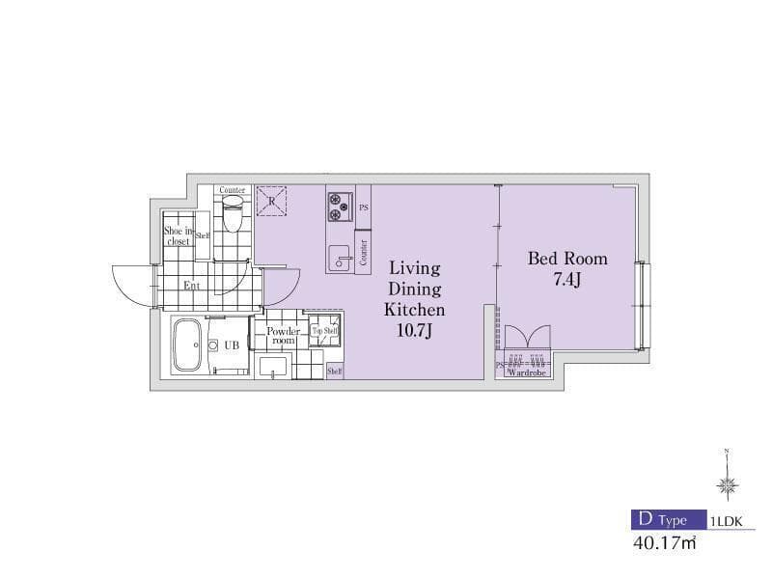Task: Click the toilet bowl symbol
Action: tap(232, 218)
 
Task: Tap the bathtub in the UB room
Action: tap(186, 345)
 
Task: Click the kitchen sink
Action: tap(340, 257)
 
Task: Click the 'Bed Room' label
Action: tap(567, 259)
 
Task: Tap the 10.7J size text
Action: tap(415, 332)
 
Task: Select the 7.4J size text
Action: tap(567, 282)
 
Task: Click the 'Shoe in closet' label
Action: tap(178, 236)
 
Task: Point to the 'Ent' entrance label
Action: tap(192, 285)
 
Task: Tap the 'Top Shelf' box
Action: tap(324, 331)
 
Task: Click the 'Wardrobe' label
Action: tap(526, 371)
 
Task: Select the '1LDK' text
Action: tap(726, 521)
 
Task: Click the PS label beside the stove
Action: tap(364, 207)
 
